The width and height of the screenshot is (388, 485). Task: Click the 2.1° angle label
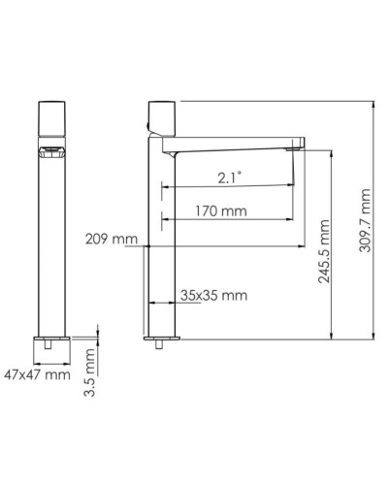tap(229, 176)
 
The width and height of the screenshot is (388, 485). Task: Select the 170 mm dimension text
tap(219, 210)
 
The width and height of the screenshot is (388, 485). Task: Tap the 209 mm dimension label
tap(111, 239)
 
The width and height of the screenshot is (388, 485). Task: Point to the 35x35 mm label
tap(213, 295)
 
